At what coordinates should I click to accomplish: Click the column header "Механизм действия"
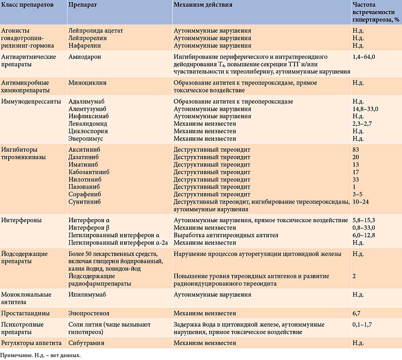tap(203, 5)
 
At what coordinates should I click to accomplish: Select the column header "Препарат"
tap(82, 5)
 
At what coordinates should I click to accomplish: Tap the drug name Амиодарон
tap(84, 57)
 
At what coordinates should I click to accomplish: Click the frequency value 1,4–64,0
tap(363, 57)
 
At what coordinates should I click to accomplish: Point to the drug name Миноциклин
tap(87, 83)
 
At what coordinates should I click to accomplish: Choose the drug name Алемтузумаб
tap(87, 109)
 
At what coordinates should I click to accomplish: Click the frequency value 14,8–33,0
tap(365, 109)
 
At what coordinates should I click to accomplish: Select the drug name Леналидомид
tap(87, 124)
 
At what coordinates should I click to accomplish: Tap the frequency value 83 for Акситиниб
tap(356, 150)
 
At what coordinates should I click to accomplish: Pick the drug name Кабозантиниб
tap(89, 172)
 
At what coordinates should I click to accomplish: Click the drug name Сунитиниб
tap(84, 202)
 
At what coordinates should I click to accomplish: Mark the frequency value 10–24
tap(360, 202)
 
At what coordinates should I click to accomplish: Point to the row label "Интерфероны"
tap(21, 220)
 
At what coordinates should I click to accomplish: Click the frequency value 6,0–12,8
tap(363, 235)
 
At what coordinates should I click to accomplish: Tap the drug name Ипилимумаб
tap(87, 295)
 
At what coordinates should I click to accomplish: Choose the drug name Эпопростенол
tap(89, 313)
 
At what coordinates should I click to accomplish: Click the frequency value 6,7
tap(356, 313)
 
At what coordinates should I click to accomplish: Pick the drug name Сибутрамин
tap(86, 343)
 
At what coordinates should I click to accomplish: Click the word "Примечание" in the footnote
tap(16, 355)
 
